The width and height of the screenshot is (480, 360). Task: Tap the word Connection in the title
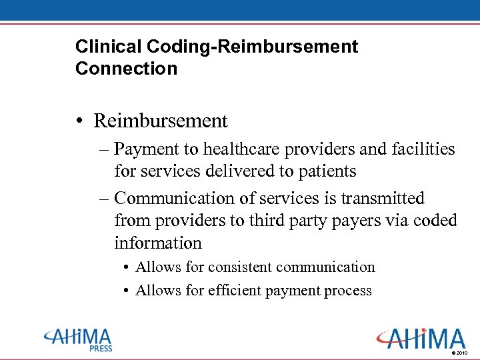click(x=127, y=69)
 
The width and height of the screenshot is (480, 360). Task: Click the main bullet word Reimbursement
click(x=161, y=121)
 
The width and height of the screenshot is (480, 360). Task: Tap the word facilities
click(x=421, y=149)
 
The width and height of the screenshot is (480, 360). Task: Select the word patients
click(x=326, y=171)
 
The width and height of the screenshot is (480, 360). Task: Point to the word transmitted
click(x=383, y=199)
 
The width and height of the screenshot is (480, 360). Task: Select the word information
click(x=158, y=243)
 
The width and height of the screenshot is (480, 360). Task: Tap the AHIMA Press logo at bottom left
click(x=78, y=339)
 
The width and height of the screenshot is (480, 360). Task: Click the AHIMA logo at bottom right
click(x=421, y=338)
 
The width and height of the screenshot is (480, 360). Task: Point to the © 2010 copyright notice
click(x=461, y=352)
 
